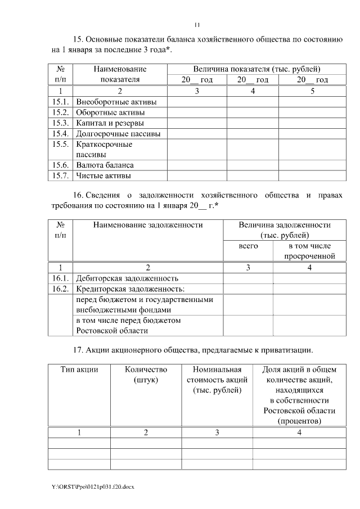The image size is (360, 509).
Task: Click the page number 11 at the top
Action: click(x=197, y=25)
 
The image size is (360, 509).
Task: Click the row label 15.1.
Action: click(x=60, y=102)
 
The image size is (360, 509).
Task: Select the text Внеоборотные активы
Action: click(x=116, y=102)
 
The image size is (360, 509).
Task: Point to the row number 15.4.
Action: click(x=60, y=133)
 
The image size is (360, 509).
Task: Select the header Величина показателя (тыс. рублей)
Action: click(x=256, y=69)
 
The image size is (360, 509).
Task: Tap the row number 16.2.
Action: click(x=60, y=289)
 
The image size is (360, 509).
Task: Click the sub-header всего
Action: click(x=248, y=246)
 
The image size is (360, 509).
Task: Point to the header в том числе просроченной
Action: click(x=309, y=251)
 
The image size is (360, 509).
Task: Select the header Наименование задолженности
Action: click(x=147, y=225)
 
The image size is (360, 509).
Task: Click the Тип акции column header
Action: click(x=79, y=370)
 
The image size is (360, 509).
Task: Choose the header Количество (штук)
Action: click(x=145, y=375)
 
